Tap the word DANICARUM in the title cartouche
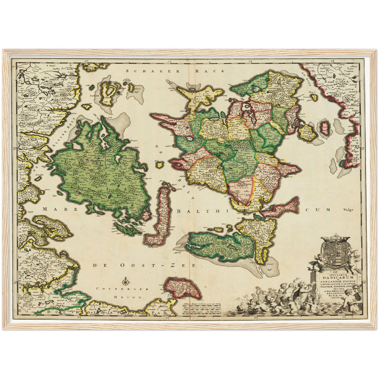(337, 277)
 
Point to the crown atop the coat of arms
(335, 238)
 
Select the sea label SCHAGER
(152, 71)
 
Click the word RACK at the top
(210, 71)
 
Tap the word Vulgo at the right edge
(348, 209)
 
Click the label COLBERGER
(122, 289)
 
